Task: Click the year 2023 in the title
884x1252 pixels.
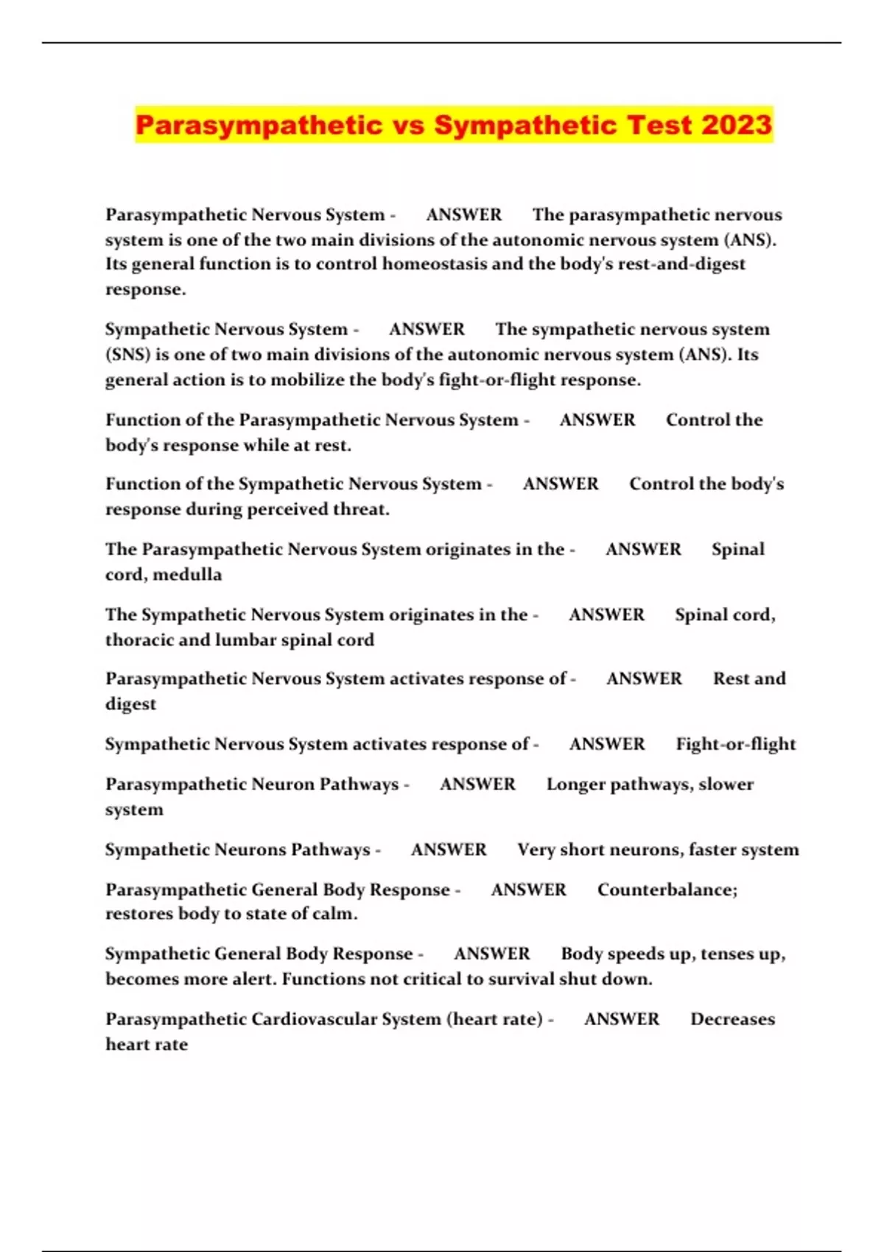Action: point(736,124)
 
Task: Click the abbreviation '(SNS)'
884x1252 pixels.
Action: point(127,355)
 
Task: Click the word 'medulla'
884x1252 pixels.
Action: point(187,574)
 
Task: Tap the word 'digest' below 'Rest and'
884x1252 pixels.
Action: point(130,704)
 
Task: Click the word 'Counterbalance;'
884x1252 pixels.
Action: point(667,890)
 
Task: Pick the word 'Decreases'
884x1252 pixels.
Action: point(732,1019)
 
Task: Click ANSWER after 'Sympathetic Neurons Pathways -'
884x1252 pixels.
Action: point(449,850)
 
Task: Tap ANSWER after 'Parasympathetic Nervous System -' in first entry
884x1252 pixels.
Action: point(463,215)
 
